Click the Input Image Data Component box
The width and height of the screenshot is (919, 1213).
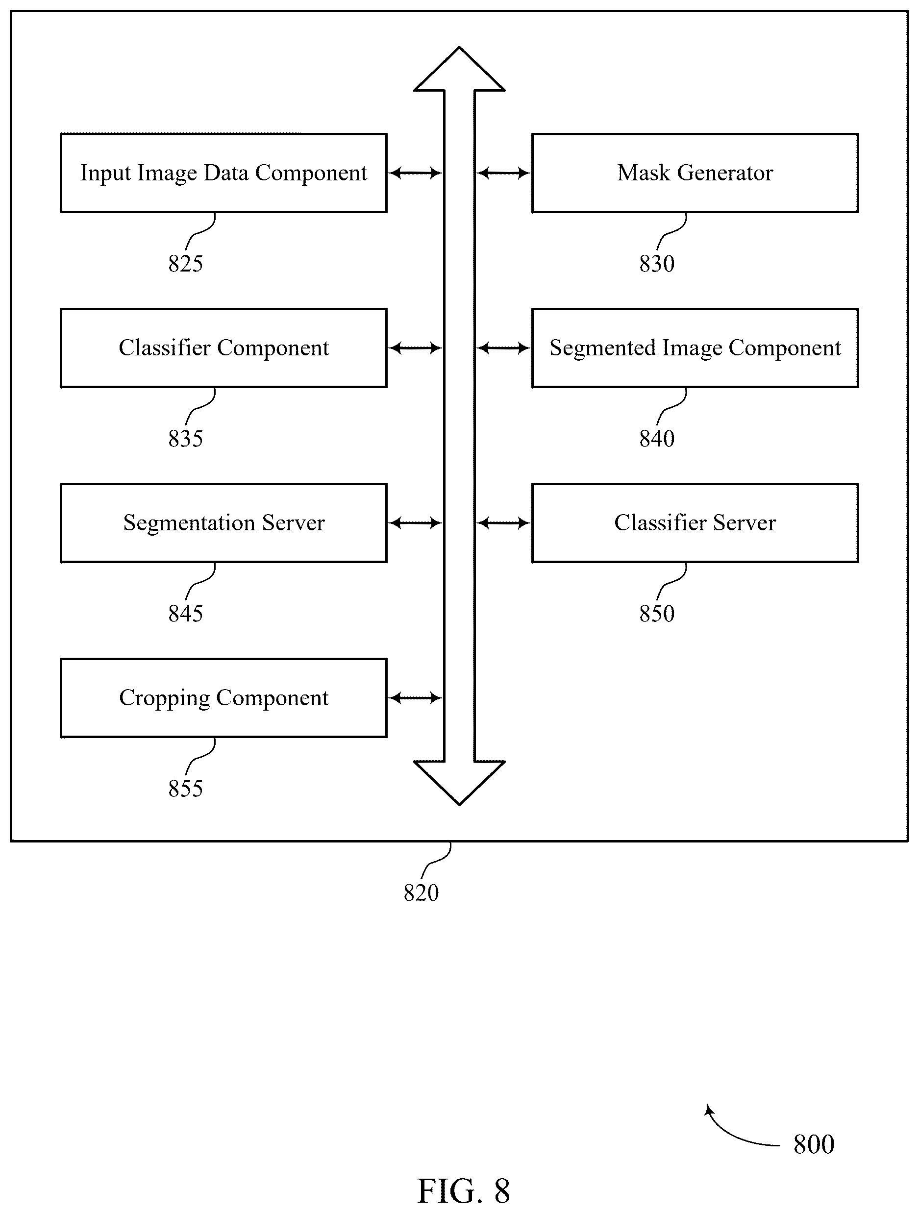224,173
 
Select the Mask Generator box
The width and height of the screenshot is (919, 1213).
695,173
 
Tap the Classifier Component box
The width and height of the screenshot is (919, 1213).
224,347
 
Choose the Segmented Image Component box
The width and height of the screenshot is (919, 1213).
695,347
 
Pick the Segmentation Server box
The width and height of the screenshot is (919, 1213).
224,522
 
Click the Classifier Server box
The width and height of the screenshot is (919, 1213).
695,522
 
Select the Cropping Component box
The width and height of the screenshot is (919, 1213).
224,697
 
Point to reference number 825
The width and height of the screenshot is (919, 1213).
185,264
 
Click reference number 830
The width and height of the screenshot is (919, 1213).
656,264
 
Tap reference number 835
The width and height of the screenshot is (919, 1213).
185,439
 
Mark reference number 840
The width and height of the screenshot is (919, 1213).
656,439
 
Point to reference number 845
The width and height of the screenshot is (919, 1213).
185,614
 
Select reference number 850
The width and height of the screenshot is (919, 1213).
656,614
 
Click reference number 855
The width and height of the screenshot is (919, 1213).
185,789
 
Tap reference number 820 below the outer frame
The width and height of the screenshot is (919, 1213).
421,893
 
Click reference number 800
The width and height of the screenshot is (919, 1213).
814,1144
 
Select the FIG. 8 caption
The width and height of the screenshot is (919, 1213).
463,1191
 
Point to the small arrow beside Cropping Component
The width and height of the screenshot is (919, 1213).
415,698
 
